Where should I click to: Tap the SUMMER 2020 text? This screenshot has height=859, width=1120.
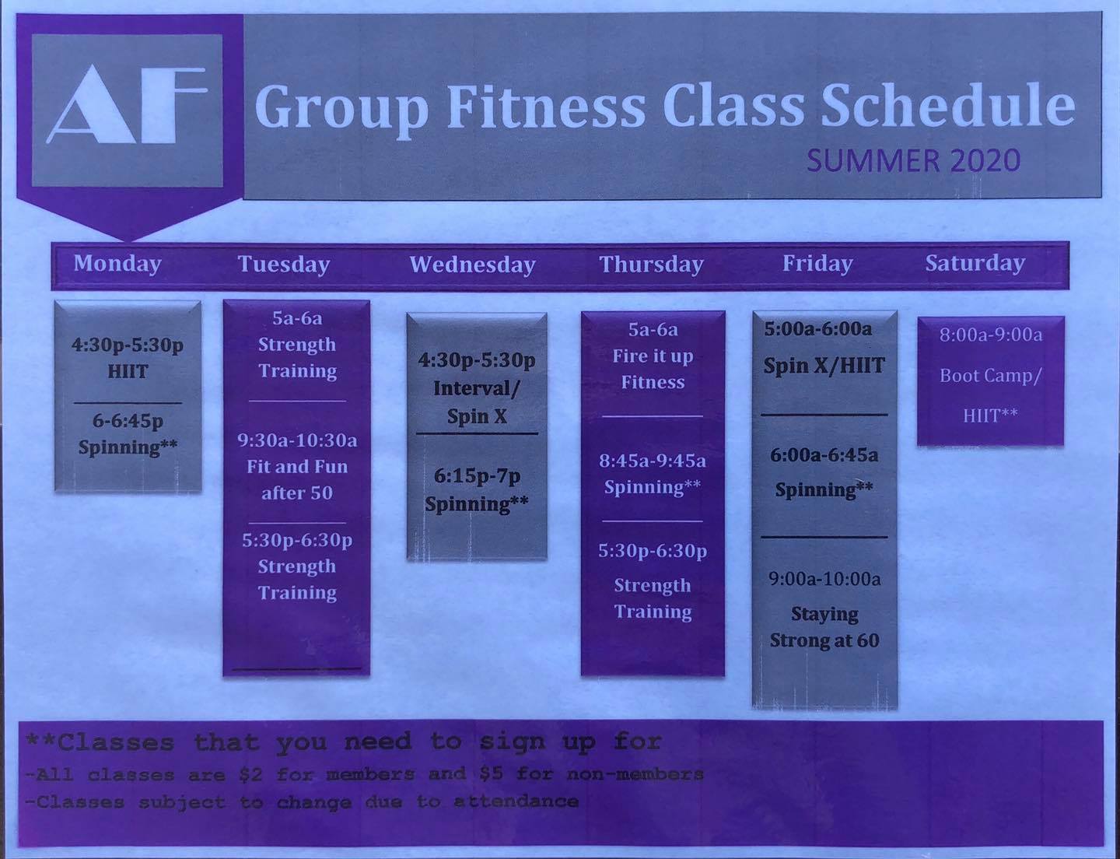913,160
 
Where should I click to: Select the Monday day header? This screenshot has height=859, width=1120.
117,263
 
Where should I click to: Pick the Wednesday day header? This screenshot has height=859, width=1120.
473,264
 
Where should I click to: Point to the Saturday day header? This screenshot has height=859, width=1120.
975,263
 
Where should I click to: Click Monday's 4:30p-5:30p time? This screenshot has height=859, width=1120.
128,345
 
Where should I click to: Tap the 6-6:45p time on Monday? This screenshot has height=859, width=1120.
128,421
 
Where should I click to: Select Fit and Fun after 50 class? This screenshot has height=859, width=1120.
297,479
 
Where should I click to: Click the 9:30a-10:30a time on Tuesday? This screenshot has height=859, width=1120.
297,440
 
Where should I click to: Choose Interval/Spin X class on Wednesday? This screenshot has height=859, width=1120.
477,402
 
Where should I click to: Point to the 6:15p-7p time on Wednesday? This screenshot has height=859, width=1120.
477,476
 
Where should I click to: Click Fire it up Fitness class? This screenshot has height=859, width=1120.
653,369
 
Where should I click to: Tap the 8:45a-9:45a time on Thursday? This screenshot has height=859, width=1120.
653,461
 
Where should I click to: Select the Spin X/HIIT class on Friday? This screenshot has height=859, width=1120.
824,366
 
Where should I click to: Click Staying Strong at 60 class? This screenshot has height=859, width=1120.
824,627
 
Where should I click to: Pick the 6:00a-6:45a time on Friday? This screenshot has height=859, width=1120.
824,454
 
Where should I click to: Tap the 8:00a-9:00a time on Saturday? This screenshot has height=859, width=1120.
990,335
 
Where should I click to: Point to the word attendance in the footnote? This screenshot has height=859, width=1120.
516,801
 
